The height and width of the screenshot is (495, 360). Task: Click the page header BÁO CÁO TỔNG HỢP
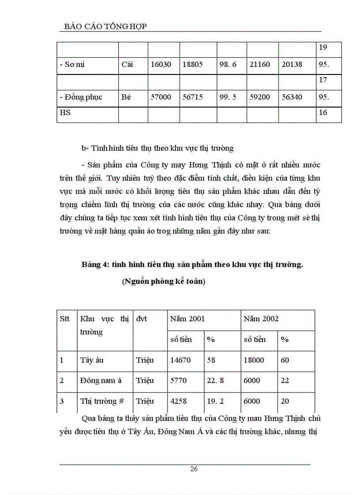pos(102,26)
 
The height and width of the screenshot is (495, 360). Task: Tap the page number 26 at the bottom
pos(194,469)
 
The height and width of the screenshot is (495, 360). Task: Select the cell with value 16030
pos(161,64)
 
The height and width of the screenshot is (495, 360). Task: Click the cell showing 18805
pos(192,64)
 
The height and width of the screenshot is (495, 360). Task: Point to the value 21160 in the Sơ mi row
pos(259,64)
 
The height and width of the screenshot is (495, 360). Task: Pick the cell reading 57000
pos(161,97)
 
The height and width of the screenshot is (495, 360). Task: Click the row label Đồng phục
pos(81,97)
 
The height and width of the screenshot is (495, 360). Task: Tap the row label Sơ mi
pos(72,64)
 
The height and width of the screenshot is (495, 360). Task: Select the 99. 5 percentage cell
pos(228,97)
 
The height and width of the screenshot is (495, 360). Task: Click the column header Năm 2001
pos(187,319)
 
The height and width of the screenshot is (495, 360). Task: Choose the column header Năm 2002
pos(261,319)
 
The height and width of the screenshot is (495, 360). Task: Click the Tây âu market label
pos(92,360)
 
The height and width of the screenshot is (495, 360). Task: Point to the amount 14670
pos(180,360)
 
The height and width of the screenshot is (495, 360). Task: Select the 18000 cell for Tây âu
pos(254,360)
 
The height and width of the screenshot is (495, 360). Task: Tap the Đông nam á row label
pos(101,380)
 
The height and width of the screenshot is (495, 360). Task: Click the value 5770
pos(178,380)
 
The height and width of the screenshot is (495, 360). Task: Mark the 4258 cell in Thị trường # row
pos(178,401)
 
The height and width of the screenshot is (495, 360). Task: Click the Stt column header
pos(64,319)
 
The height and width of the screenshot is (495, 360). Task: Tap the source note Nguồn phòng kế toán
pos(164,282)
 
